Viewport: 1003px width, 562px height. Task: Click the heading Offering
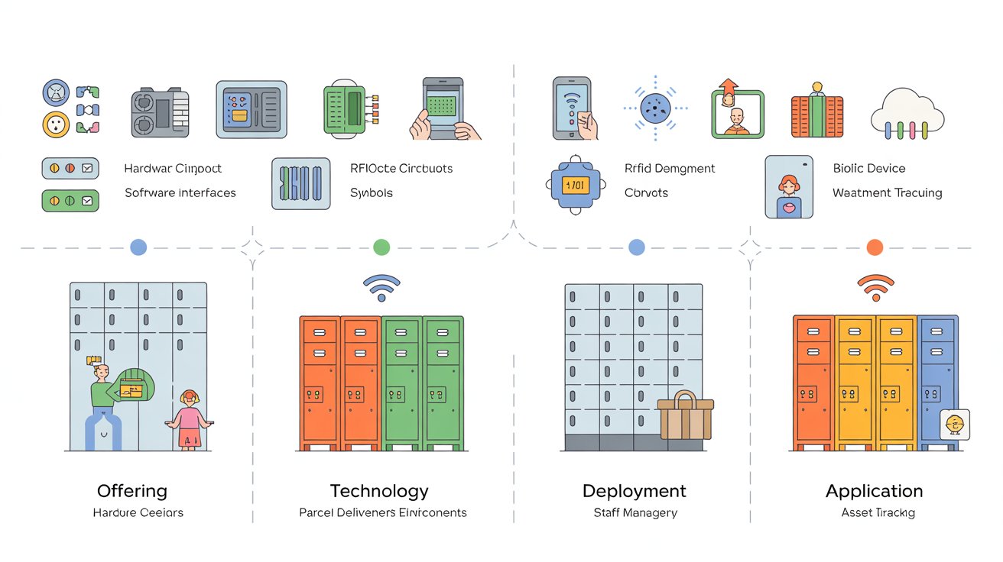pyautogui.click(x=132, y=491)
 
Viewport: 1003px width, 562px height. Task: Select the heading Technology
pyautogui.click(x=379, y=491)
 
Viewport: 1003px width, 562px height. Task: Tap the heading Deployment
pyautogui.click(x=635, y=491)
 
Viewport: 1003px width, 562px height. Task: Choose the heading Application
pyautogui.click(x=875, y=491)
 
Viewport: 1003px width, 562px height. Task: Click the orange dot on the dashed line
pyautogui.click(x=875, y=247)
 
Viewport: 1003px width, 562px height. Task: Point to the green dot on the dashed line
pyautogui.click(x=381, y=247)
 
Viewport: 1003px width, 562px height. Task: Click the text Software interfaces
pyautogui.click(x=180, y=193)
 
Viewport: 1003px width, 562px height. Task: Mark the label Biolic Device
pyautogui.click(x=869, y=168)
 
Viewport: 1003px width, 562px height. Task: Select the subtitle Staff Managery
pyautogui.click(x=635, y=512)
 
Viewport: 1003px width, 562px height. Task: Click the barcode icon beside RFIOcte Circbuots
pyautogui.click(x=301, y=184)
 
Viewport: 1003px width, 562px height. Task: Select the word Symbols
pyautogui.click(x=372, y=193)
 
